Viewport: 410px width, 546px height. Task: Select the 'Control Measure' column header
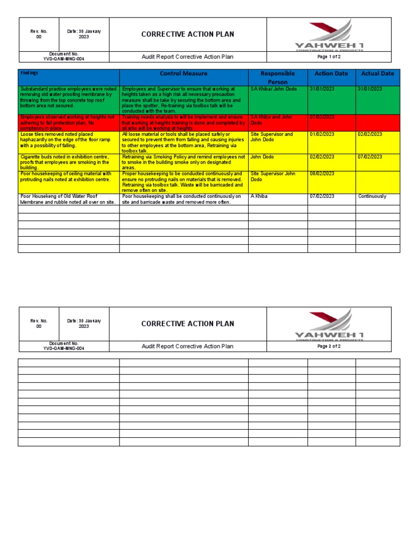point(184,74)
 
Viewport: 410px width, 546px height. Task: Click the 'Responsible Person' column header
point(278,77)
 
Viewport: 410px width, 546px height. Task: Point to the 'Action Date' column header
point(331,74)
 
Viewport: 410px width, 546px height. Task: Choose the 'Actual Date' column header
point(377,74)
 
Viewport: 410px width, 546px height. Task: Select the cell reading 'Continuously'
point(372,197)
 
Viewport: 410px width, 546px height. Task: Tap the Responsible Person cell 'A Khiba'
point(259,197)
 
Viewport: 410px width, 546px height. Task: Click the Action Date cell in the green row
point(322,89)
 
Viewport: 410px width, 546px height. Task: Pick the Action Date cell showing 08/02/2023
point(322,174)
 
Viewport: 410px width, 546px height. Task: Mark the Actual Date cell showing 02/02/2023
point(370,135)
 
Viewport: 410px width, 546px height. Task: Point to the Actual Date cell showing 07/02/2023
point(370,157)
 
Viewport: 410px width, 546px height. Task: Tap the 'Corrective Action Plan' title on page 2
point(187,324)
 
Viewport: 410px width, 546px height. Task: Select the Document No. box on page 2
point(64,346)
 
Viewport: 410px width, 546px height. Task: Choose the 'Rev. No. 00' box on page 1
point(38,34)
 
